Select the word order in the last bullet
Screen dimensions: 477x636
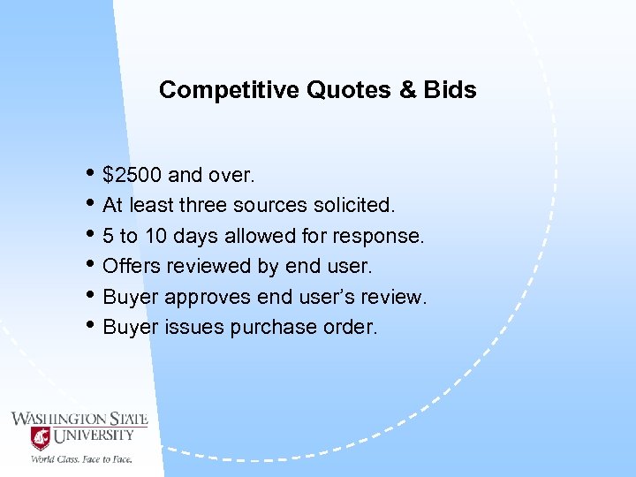[351, 327]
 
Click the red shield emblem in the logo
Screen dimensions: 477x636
[40, 437]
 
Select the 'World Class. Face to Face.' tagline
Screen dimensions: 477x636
[81, 458]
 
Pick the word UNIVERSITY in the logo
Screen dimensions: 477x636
[95, 435]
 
